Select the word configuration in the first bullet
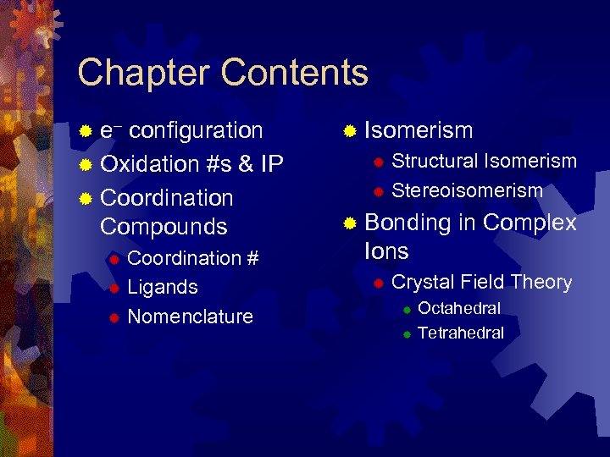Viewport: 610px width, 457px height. tap(196, 130)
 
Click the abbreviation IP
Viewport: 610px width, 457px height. tap(271, 164)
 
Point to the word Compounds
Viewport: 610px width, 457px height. tap(164, 227)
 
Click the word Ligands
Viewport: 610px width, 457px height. tap(163, 287)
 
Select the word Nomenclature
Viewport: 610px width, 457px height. tap(190, 317)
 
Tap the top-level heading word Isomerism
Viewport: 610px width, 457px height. tap(419, 130)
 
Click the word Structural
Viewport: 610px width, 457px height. tap(434, 161)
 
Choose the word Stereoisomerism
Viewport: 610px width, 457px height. tap(467, 190)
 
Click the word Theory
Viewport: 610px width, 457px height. tap(541, 282)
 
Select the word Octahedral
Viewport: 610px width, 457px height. tap(459, 308)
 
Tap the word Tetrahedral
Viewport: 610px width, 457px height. tap(461, 333)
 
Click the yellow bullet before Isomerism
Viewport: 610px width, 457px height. tap(349, 131)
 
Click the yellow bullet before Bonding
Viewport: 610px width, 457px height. tap(349, 223)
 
